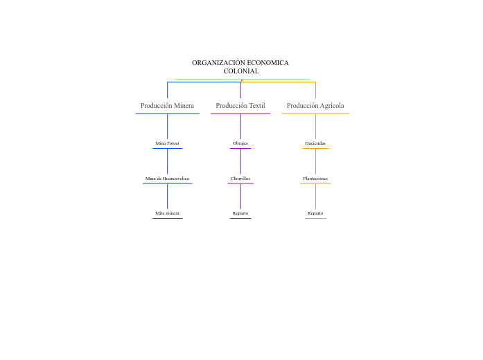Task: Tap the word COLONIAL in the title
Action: [241, 71]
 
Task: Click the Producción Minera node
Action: [167, 106]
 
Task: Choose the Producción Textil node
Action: [240, 106]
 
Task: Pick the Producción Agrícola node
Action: [315, 106]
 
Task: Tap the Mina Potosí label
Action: [167, 143]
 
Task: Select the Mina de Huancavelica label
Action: [167, 179]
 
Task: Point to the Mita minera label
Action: [167, 213]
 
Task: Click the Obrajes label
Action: [240, 143]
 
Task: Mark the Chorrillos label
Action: [240, 179]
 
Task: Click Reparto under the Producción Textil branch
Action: [240, 213]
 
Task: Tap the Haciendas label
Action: [315, 143]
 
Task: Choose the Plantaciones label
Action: [315, 179]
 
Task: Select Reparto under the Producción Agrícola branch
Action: [315, 213]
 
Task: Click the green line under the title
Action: [208, 79]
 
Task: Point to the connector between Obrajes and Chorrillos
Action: [240, 161]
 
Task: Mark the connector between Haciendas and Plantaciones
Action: [315, 161]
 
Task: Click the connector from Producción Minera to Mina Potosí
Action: [167, 126]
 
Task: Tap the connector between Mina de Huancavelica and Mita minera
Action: [167, 196]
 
